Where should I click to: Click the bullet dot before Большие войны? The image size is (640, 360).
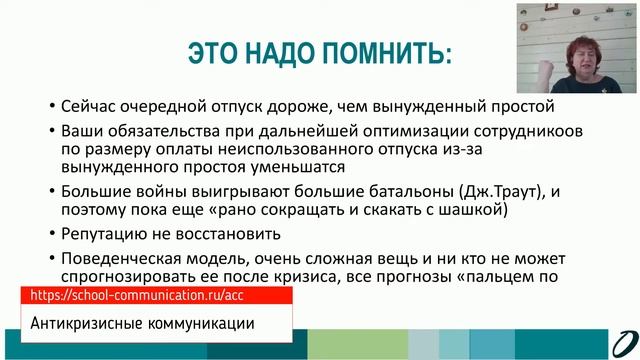38,192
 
